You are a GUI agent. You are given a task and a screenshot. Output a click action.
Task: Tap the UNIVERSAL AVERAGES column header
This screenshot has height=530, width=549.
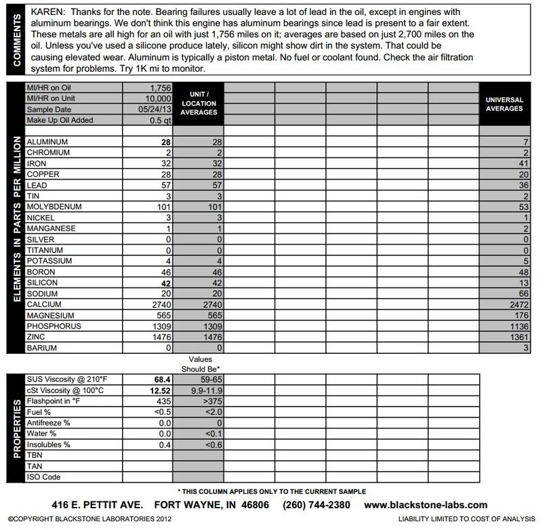504,104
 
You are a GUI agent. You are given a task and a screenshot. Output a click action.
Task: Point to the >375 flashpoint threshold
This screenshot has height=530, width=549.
203,400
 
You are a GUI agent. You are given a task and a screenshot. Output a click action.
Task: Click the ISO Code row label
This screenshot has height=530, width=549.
43,476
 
